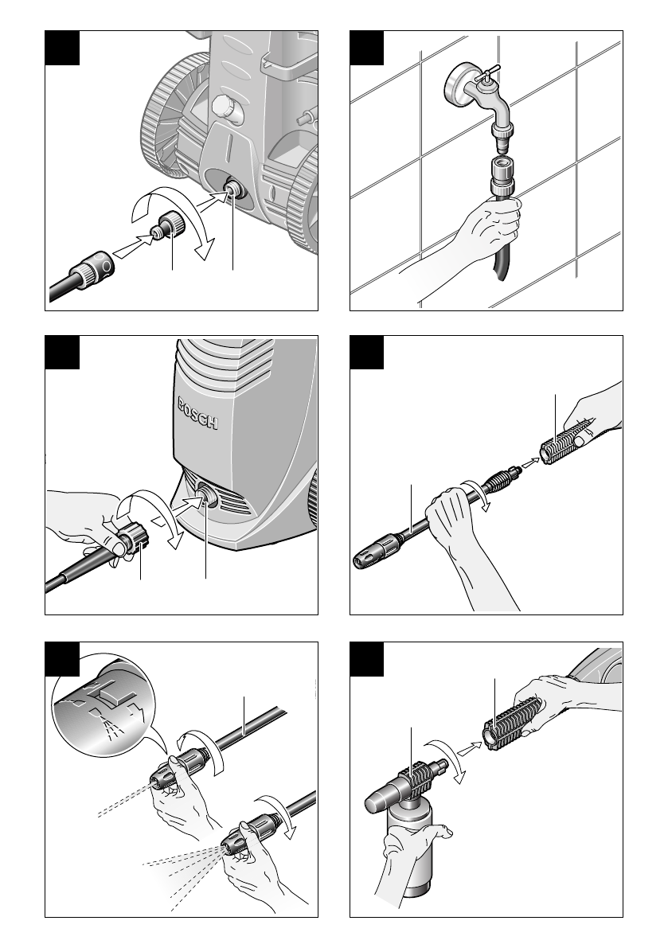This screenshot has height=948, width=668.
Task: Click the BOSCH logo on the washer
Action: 197,414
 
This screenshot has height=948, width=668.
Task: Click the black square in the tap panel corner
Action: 366,49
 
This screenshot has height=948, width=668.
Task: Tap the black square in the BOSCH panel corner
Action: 62,353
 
